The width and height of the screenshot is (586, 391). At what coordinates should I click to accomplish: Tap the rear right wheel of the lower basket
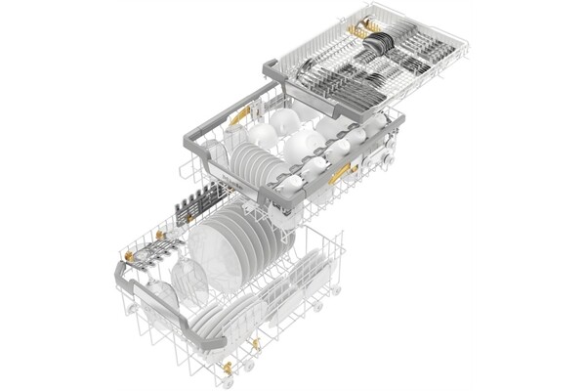point(335,290)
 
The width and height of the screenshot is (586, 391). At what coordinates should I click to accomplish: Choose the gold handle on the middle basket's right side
point(340,176)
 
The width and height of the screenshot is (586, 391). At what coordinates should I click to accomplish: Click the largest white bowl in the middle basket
point(303,147)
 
